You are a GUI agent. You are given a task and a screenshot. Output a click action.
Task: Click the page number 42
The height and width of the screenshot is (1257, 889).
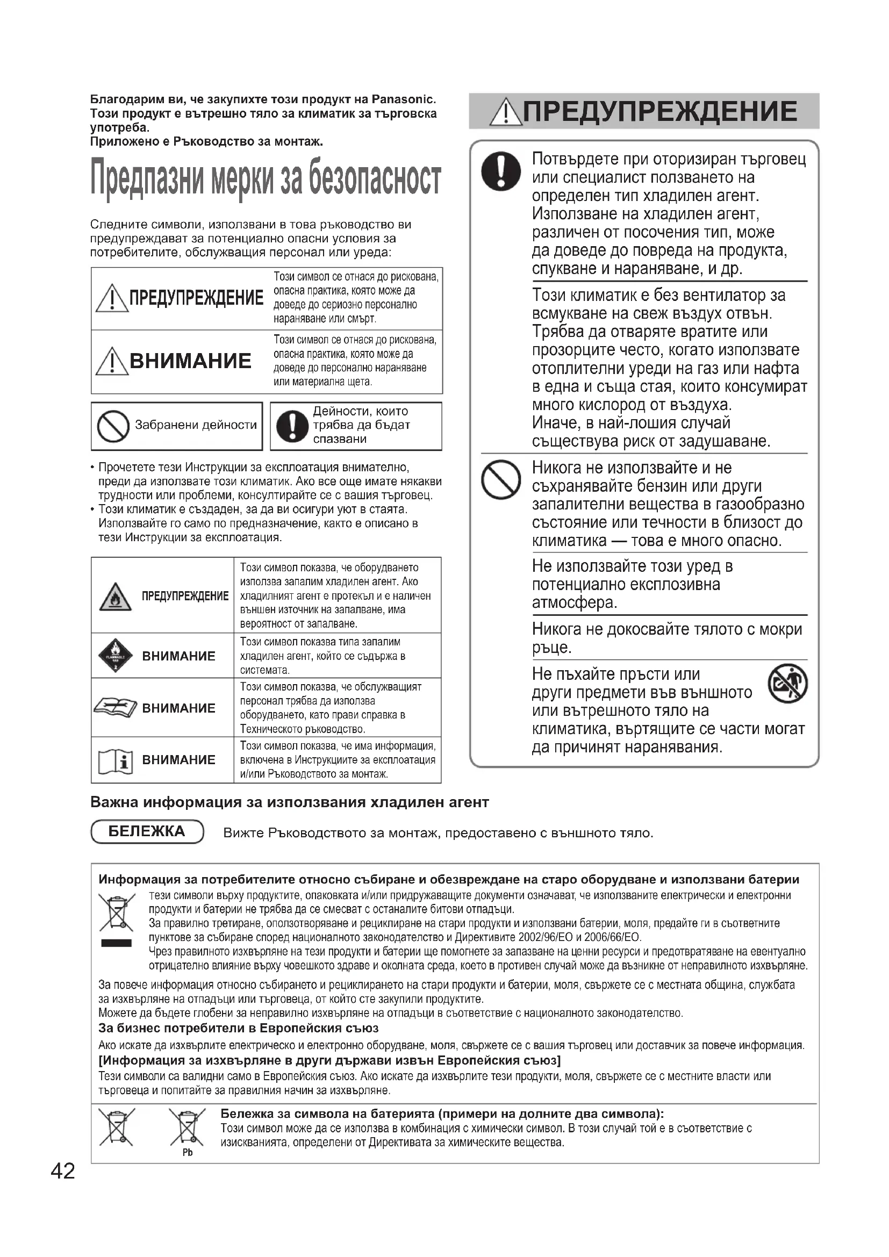click(x=63, y=1171)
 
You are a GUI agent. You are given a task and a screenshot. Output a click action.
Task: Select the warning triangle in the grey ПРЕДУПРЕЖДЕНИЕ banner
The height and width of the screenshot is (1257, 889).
click(x=506, y=113)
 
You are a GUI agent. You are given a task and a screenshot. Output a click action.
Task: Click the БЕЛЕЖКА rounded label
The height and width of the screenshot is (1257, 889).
click(x=147, y=831)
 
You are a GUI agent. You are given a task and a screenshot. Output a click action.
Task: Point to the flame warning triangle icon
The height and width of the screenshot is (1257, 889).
click(x=115, y=597)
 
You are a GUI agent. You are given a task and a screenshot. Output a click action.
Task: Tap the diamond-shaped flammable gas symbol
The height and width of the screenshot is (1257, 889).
click(x=115, y=655)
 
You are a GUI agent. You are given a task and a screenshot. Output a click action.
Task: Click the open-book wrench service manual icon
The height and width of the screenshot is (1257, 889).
click(x=115, y=708)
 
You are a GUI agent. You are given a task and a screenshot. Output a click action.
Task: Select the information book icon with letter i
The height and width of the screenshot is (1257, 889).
click(x=115, y=760)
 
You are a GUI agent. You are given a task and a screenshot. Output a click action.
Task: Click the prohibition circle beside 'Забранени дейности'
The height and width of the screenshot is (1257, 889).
click(x=113, y=426)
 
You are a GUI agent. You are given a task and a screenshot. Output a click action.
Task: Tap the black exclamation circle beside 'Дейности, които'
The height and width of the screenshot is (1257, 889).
click(x=292, y=426)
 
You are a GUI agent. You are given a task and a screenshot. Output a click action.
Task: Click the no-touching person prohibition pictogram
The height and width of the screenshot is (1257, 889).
click(x=788, y=683)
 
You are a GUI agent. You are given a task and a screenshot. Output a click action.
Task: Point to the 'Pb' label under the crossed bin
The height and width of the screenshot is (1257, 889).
click(x=187, y=1152)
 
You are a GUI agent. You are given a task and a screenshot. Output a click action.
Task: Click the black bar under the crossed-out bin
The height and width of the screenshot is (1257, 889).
click(x=116, y=943)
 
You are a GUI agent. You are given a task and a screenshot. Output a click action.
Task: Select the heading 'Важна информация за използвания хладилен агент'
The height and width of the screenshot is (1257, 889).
click(x=289, y=802)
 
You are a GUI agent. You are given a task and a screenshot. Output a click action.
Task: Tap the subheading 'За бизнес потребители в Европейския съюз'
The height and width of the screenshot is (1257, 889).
click(x=238, y=1028)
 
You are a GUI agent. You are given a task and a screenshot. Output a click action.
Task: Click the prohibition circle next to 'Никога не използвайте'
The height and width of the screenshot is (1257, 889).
click(x=500, y=479)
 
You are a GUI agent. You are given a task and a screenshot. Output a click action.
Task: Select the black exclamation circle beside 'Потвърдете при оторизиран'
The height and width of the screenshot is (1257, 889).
click(x=500, y=171)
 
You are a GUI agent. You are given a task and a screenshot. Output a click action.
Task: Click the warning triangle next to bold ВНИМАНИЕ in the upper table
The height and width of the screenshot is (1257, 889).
click(x=112, y=361)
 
